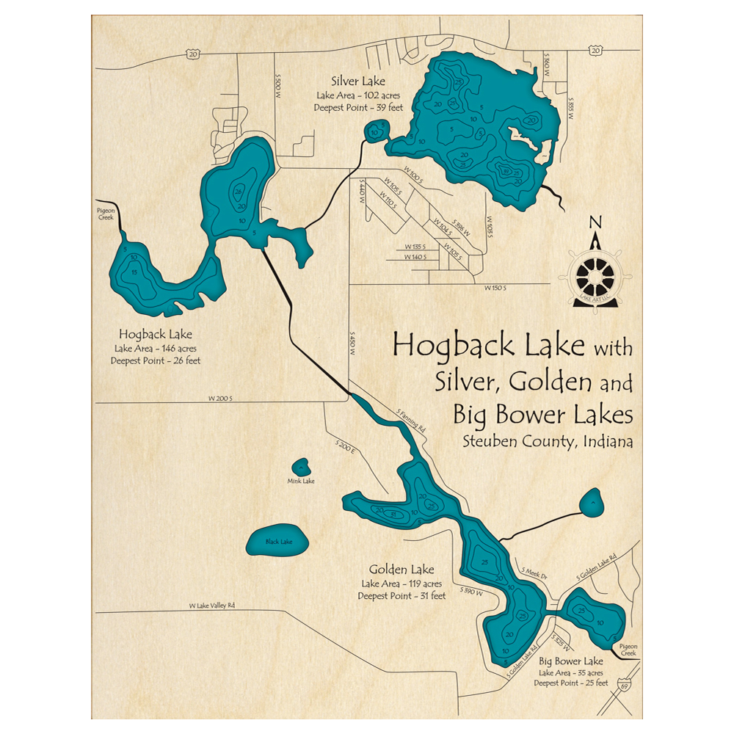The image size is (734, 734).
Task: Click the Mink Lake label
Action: [301, 482]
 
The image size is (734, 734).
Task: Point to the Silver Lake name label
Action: [357, 81]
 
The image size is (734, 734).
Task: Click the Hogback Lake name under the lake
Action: [155, 335]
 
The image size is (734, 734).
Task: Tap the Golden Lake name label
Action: [401, 569]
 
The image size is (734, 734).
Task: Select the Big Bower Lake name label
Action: [570, 661]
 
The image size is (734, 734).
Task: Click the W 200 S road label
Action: [221, 399]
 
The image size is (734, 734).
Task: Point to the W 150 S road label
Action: [496, 288]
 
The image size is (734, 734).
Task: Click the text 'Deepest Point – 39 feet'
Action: [358, 108]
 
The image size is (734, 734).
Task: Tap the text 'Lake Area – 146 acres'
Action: [156, 348]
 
